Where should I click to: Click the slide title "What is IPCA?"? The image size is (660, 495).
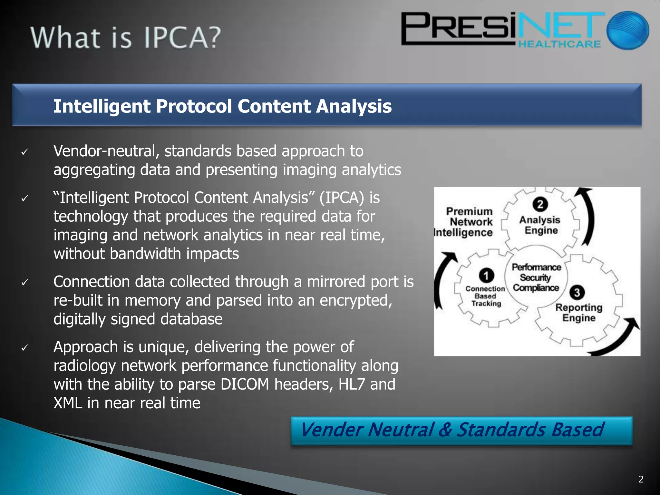coord(126,38)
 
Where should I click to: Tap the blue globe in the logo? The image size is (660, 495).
coord(627,30)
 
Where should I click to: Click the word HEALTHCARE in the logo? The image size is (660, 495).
coord(559,44)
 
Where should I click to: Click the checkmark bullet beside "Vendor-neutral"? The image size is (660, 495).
coord(25,152)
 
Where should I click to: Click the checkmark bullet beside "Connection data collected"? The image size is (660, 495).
coord(25,282)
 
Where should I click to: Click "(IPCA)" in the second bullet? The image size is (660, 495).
coord(341,198)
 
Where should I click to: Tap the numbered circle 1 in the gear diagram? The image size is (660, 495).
coord(486,275)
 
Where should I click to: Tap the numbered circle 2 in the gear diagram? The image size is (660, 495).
coord(540,204)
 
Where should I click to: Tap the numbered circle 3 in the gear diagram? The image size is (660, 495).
coord(577,292)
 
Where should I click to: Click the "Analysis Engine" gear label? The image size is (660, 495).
coord(540,225)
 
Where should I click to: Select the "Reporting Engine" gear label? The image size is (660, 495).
coord(579,313)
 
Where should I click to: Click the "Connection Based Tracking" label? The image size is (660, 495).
coord(486,296)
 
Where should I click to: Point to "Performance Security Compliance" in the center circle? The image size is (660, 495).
coord(536,277)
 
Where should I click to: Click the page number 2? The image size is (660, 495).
coord(641,479)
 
